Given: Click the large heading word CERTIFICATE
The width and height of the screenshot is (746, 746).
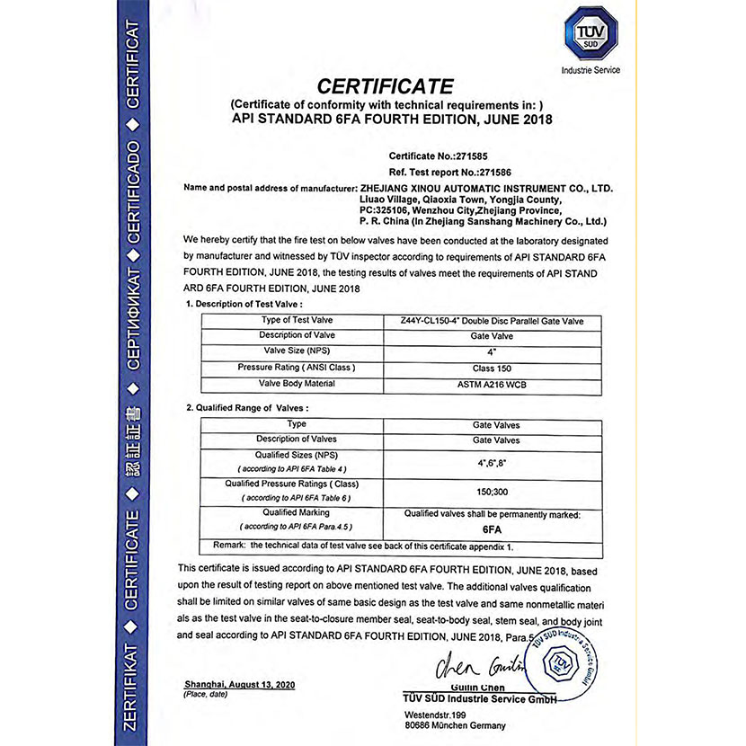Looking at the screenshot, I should click(x=386, y=87).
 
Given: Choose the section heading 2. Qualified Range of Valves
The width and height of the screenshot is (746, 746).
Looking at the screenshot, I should click(x=246, y=408).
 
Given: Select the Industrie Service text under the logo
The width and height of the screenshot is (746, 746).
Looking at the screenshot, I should click(x=590, y=70).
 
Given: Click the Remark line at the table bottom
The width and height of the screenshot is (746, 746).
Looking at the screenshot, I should click(x=367, y=546).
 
